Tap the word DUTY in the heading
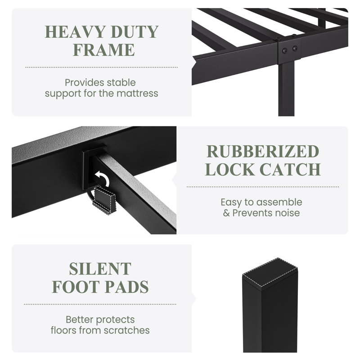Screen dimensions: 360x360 click(x=135, y=32)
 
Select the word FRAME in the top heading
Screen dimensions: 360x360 click(x=104, y=50)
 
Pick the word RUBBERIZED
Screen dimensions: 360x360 click(x=263, y=152)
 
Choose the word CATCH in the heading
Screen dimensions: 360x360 click(x=290, y=170)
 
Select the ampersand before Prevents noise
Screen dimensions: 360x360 click(x=226, y=213)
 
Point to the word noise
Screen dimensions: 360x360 click(x=288, y=213)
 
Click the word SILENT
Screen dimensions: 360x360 click(x=100, y=269)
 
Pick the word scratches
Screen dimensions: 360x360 click(x=126, y=331)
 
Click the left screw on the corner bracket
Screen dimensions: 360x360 click(x=285, y=50)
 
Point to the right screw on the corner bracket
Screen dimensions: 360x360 click(x=295, y=49)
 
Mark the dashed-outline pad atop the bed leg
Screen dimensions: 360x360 click(x=270, y=273)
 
